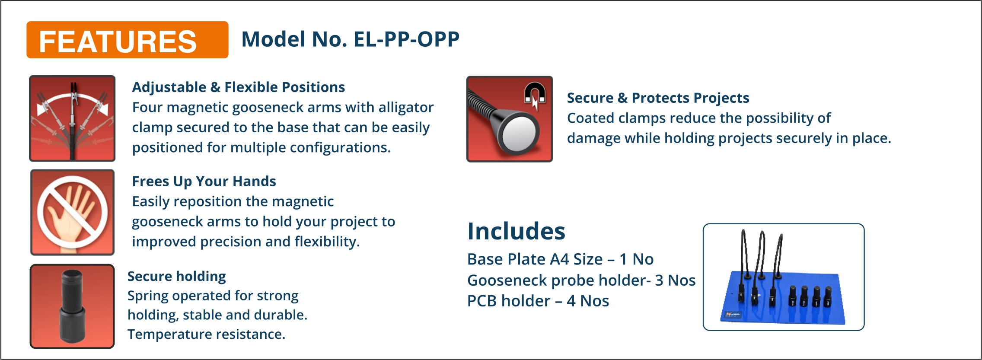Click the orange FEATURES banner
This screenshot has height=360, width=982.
click(128, 40)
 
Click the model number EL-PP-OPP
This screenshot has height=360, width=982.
click(406, 39)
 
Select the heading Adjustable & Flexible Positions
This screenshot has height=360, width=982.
click(239, 87)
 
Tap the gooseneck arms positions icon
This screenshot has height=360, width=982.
click(72, 118)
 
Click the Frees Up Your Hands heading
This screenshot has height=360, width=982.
click(204, 181)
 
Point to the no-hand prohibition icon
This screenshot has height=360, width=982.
click(72, 212)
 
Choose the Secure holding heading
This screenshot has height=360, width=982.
click(177, 276)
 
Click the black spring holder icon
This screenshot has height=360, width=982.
click(72, 306)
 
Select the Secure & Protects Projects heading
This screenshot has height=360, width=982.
click(658, 98)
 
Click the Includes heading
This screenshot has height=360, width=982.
click(516, 231)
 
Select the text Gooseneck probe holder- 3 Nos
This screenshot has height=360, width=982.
click(581, 280)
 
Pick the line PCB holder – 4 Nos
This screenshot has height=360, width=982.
click(538, 301)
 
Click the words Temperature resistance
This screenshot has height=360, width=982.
click(206, 334)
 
